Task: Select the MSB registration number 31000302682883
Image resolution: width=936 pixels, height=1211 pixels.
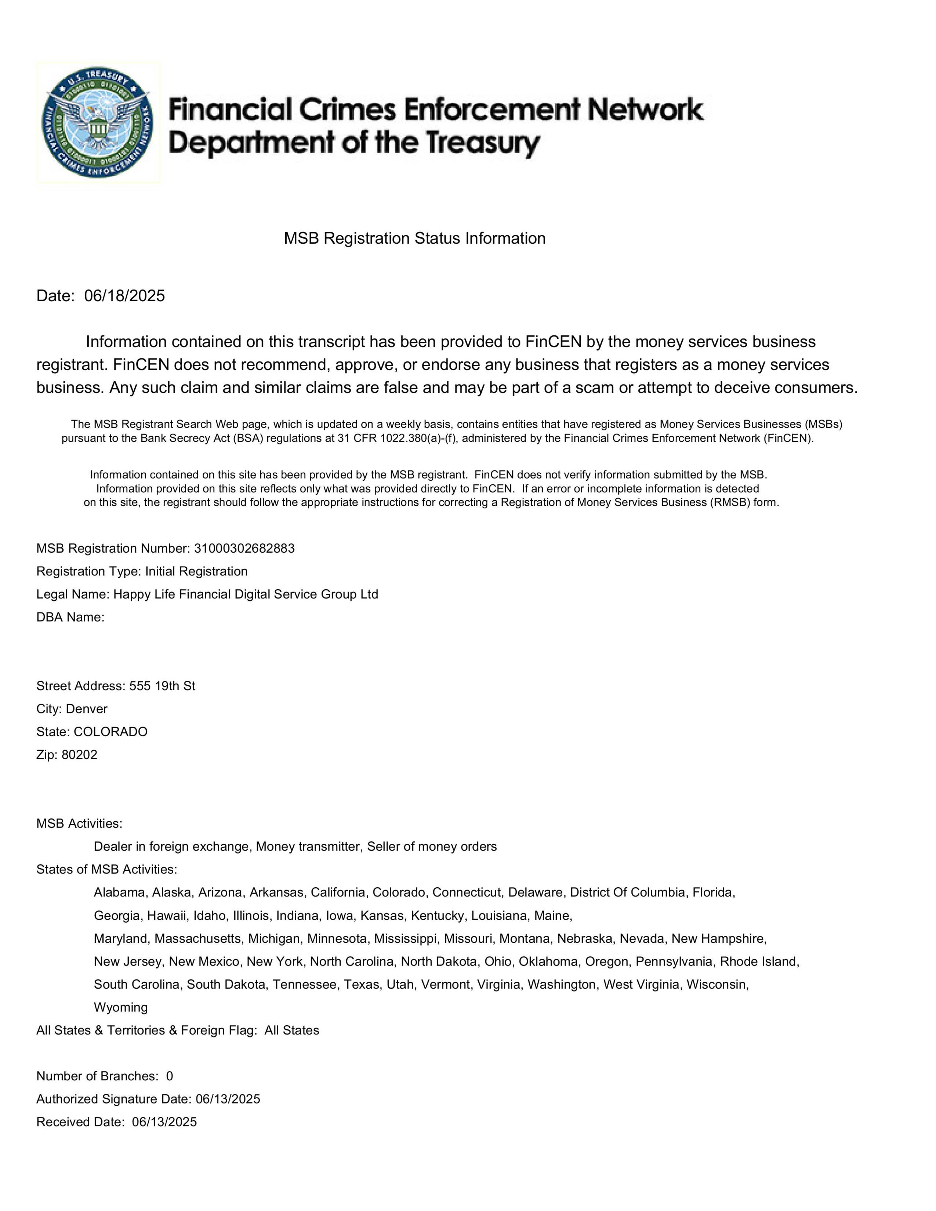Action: click(244, 548)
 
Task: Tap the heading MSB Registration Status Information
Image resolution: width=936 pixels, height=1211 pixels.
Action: click(415, 239)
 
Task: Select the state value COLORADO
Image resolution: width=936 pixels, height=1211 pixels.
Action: click(110, 732)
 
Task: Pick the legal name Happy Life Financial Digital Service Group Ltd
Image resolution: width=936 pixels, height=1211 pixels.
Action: click(246, 594)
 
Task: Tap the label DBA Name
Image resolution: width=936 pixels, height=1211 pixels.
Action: click(70, 617)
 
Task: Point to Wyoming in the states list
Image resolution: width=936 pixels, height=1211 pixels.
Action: click(121, 1007)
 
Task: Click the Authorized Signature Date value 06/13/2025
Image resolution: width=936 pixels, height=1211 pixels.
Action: click(228, 1099)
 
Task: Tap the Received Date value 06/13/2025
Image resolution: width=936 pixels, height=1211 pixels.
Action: click(164, 1122)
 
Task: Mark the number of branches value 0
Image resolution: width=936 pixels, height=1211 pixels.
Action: click(170, 1076)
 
